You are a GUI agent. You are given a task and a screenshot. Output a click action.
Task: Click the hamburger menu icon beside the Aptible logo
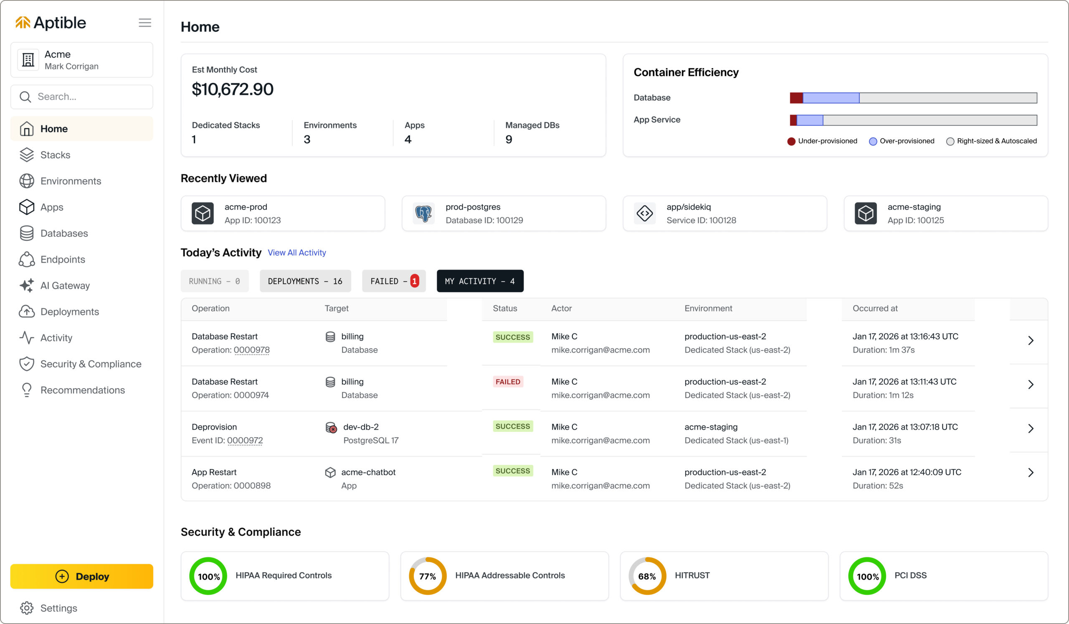click(x=144, y=23)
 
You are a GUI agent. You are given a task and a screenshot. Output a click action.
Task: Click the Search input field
click(x=82, y=97)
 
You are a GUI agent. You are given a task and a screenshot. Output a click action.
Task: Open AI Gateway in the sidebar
click(x=65, y=286)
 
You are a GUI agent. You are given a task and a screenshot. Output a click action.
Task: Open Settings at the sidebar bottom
click(x=58, y=608)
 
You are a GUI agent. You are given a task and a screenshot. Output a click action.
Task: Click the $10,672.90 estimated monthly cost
click(x=233, y=89)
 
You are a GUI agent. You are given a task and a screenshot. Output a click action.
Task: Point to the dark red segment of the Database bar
click(x=796, y=98)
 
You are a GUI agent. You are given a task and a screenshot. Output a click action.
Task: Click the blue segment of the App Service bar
click(x=810, y=120)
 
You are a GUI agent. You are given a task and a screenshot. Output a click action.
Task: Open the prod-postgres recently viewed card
click(x=504, y=214)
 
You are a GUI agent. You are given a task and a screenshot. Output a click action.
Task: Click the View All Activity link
click(x=297, y=252)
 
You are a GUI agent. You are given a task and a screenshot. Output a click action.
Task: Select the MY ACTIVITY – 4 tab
click(x=480, y=281)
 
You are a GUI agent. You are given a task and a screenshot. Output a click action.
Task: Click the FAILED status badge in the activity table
click(x=508, y=382)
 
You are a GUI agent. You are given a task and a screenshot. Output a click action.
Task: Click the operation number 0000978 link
click(x=251, y=350)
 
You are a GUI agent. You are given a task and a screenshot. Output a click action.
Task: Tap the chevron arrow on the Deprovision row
click(x=1031, y=428)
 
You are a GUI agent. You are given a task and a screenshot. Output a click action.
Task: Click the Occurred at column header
click(x=875, y=308)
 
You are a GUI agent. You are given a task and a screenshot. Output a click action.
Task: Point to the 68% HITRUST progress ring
click(x=647, y=576)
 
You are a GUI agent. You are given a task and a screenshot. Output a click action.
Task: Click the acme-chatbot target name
click(x=368, y=472)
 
